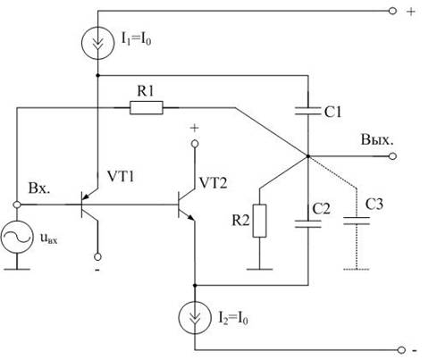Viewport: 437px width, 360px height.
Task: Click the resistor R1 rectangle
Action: coord(147,108)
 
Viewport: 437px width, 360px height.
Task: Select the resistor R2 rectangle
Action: coord(259,221)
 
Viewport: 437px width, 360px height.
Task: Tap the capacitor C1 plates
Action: coord(308,111)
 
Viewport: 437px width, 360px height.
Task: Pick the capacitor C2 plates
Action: coord(308,224)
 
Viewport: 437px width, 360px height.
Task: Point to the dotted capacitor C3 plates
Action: coord(357,221)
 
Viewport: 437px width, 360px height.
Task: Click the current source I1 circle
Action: coord(97,43)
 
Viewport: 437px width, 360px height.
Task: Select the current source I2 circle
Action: coord(195,318)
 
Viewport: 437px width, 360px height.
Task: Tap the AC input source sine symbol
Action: coord(17,237)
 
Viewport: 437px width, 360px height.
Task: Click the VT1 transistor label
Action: coord(121,177)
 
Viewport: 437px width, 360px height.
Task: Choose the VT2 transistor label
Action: coord(213,183)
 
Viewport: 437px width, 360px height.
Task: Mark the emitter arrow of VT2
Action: coord(191,218)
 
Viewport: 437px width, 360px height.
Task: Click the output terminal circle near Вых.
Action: coord(393,156)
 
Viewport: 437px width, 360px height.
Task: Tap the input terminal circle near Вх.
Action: coord(17,205)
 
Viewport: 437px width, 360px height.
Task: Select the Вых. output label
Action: coord(377,140)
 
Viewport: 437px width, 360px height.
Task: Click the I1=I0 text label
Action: coord(136,39)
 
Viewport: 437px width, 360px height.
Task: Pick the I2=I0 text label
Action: coord(233,318)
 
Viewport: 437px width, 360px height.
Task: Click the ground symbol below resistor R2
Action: coord(259,269)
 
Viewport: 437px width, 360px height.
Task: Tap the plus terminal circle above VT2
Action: coord(195,144)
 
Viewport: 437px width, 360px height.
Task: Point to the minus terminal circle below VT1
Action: coord(97,256)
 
